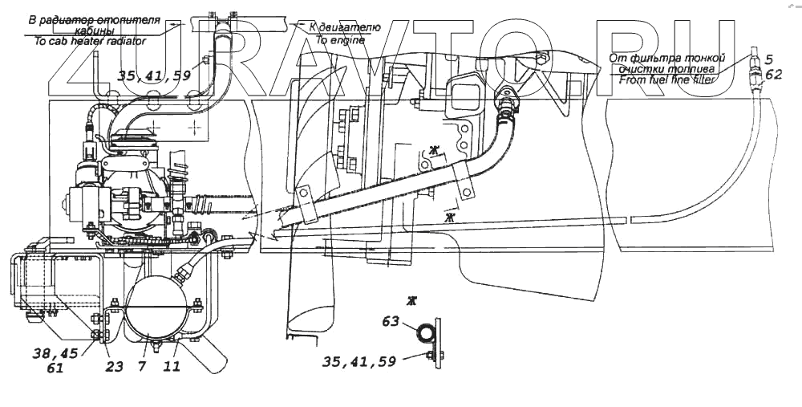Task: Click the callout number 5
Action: pyautogui.click(x=768, y=59)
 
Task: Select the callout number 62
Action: pyautogui.click(x=773, y=75)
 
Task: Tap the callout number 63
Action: pyautogui.click(x=391, y=323)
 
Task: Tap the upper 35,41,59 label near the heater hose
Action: pyautogui.click(x=154, y=76)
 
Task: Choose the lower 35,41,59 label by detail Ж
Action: pyautogui.click(x=359, y=362)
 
